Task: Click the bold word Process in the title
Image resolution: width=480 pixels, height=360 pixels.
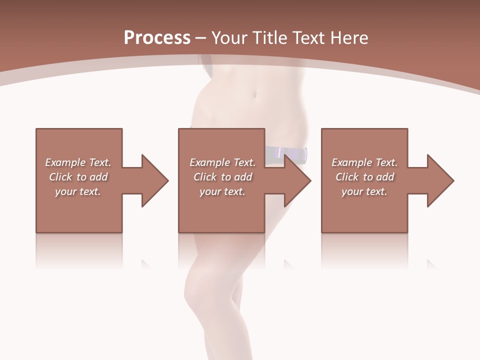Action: [157, 38]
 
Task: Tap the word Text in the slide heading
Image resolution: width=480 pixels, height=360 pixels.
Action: [309, 38]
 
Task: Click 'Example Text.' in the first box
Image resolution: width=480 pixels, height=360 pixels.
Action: [78, 162]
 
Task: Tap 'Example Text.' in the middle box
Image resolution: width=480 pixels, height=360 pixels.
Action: [222, 162]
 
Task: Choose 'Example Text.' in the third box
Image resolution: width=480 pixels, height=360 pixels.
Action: [364, 162]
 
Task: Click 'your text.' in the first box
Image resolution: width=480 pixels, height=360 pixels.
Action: [78, 191]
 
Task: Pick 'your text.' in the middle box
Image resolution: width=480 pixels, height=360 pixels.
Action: [222, 191]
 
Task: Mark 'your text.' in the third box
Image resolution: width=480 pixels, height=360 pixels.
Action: [364, 191]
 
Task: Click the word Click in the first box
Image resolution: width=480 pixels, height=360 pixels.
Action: [61, 177]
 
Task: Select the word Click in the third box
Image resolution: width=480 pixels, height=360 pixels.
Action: [347, 177]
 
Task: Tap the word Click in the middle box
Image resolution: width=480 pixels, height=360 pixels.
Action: [205, 177]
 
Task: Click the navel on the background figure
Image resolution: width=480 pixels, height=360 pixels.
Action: [256, 94]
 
